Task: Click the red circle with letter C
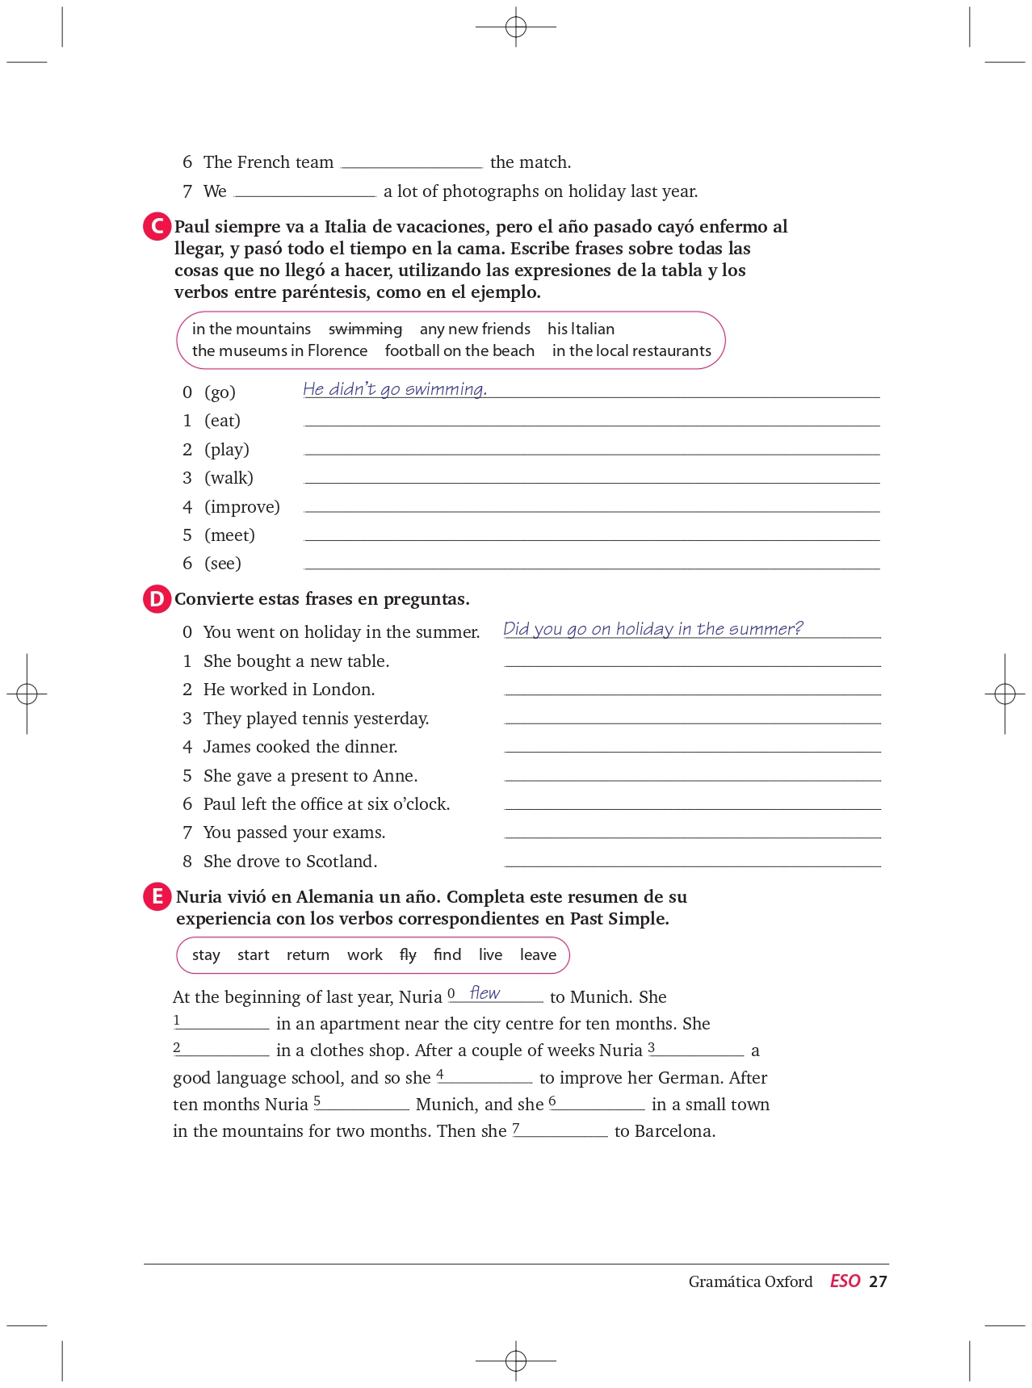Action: point(157,227)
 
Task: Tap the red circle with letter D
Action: point(157,599)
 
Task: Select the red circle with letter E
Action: point(157,897)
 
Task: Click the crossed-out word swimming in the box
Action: point(365,329)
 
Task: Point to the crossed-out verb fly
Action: point(408,955)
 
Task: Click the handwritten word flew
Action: point(485,993)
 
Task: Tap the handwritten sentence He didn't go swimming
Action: point(395,389)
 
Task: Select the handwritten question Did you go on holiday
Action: point(652,629)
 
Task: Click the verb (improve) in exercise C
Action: point(241,507)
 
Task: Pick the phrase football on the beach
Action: point(459,351)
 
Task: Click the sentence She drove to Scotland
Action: point(290,862)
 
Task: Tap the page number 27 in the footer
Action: point(878,1281)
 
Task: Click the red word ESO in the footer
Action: point(845,1281)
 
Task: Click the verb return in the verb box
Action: point(308,955)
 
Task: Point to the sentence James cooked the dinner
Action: point(300,747)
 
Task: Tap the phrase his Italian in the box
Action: point(581,329)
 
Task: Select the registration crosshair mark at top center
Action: point(516,27)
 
